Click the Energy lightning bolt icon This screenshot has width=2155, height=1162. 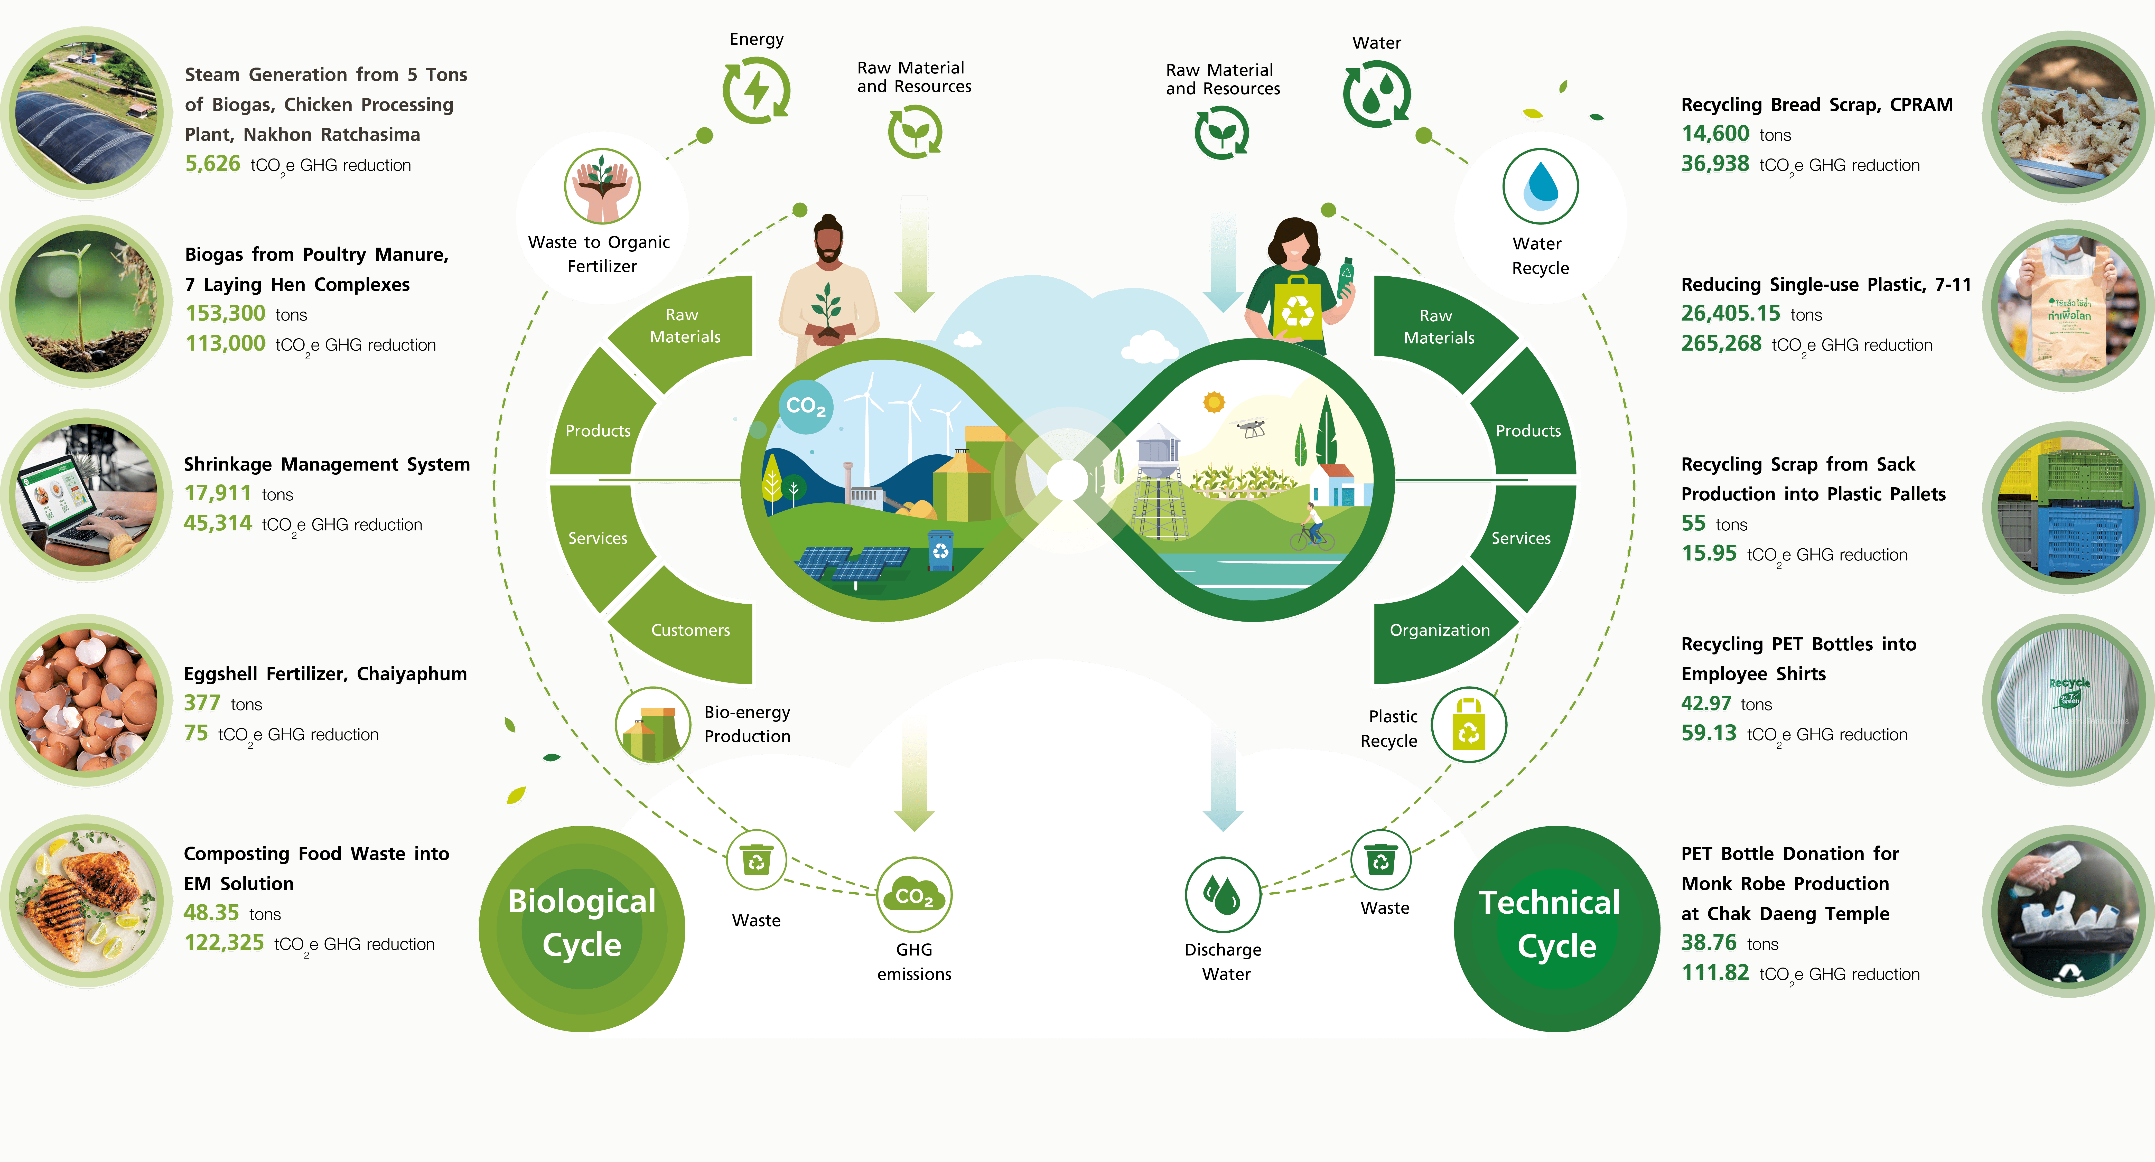click(x=756, y=90)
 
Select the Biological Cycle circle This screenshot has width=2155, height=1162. click(x=582, y=929)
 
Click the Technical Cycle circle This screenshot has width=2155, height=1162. click(x=1557, y=929)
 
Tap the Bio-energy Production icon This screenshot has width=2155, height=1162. click(x=652, y=725)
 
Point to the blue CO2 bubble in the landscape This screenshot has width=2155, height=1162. click(x=806, y=407)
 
